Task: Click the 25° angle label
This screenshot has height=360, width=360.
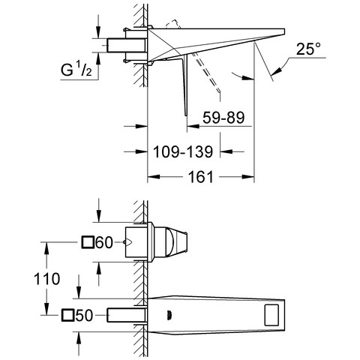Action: pos(308,49)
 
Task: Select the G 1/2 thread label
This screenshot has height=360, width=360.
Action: pos(76,70)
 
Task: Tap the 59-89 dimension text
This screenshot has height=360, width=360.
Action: pos(223,118)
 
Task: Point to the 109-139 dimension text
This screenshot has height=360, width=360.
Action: pos(183,151)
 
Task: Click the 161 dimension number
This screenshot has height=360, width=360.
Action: pos(201,177)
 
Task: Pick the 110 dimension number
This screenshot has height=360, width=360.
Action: pos(46,279)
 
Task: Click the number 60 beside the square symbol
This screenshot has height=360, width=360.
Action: pos(104,242)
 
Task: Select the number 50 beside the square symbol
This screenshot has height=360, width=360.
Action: pos(84,316)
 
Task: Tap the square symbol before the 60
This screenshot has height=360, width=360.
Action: pos(88,242)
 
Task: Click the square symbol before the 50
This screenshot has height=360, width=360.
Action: pos(67,315)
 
